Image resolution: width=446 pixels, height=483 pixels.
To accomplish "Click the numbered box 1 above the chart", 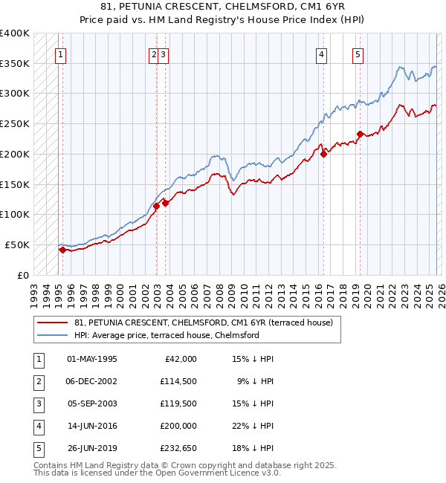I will [x=60, y=54].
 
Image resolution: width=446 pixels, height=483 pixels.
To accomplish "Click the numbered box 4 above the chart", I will [x=321, y=54].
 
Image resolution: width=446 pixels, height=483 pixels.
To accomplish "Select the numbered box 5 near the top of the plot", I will [x=358, y=54].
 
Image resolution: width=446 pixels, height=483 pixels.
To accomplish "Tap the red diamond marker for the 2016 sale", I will [x=324, y=154].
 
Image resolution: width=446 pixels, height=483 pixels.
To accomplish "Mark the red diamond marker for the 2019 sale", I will [x=360, y=134].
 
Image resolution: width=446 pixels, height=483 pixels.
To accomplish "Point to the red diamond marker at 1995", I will [x=62, y=250].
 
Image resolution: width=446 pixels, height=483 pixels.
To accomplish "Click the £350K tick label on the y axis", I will [x=15, y=64].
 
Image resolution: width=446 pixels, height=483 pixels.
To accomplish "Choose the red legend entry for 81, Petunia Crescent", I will [x=207, y=322].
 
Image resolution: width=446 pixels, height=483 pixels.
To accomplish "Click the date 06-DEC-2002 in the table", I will [x=91, y=381].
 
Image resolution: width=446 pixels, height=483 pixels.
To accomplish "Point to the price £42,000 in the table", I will [x=180, y=359].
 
